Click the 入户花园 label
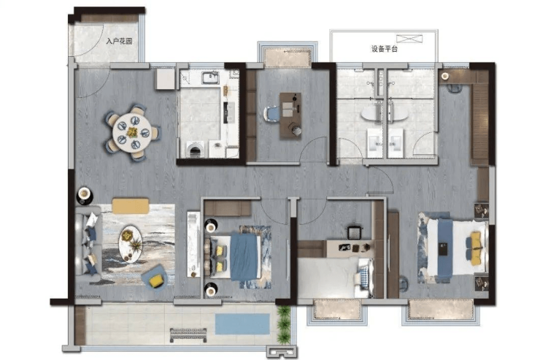click(x=119, y=42)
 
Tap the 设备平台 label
click(x=385, y=49)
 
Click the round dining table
click(x=131, y=133)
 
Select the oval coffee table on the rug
click(x=131, y=244)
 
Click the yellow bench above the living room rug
click(x=131, y=206)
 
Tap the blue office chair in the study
click(x=271, y=114)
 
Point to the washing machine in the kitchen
click(x=196, y=150)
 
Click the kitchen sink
click(x=210, y=77)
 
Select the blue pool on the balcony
click(x=242, y=323)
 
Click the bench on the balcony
click(x=188, y=335)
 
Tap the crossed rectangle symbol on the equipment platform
click(x=409, y=38)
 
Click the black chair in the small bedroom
click(x=355, y=232)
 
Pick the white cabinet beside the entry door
click(x=165, y=79)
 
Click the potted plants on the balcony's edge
click(x=284, y=323)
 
